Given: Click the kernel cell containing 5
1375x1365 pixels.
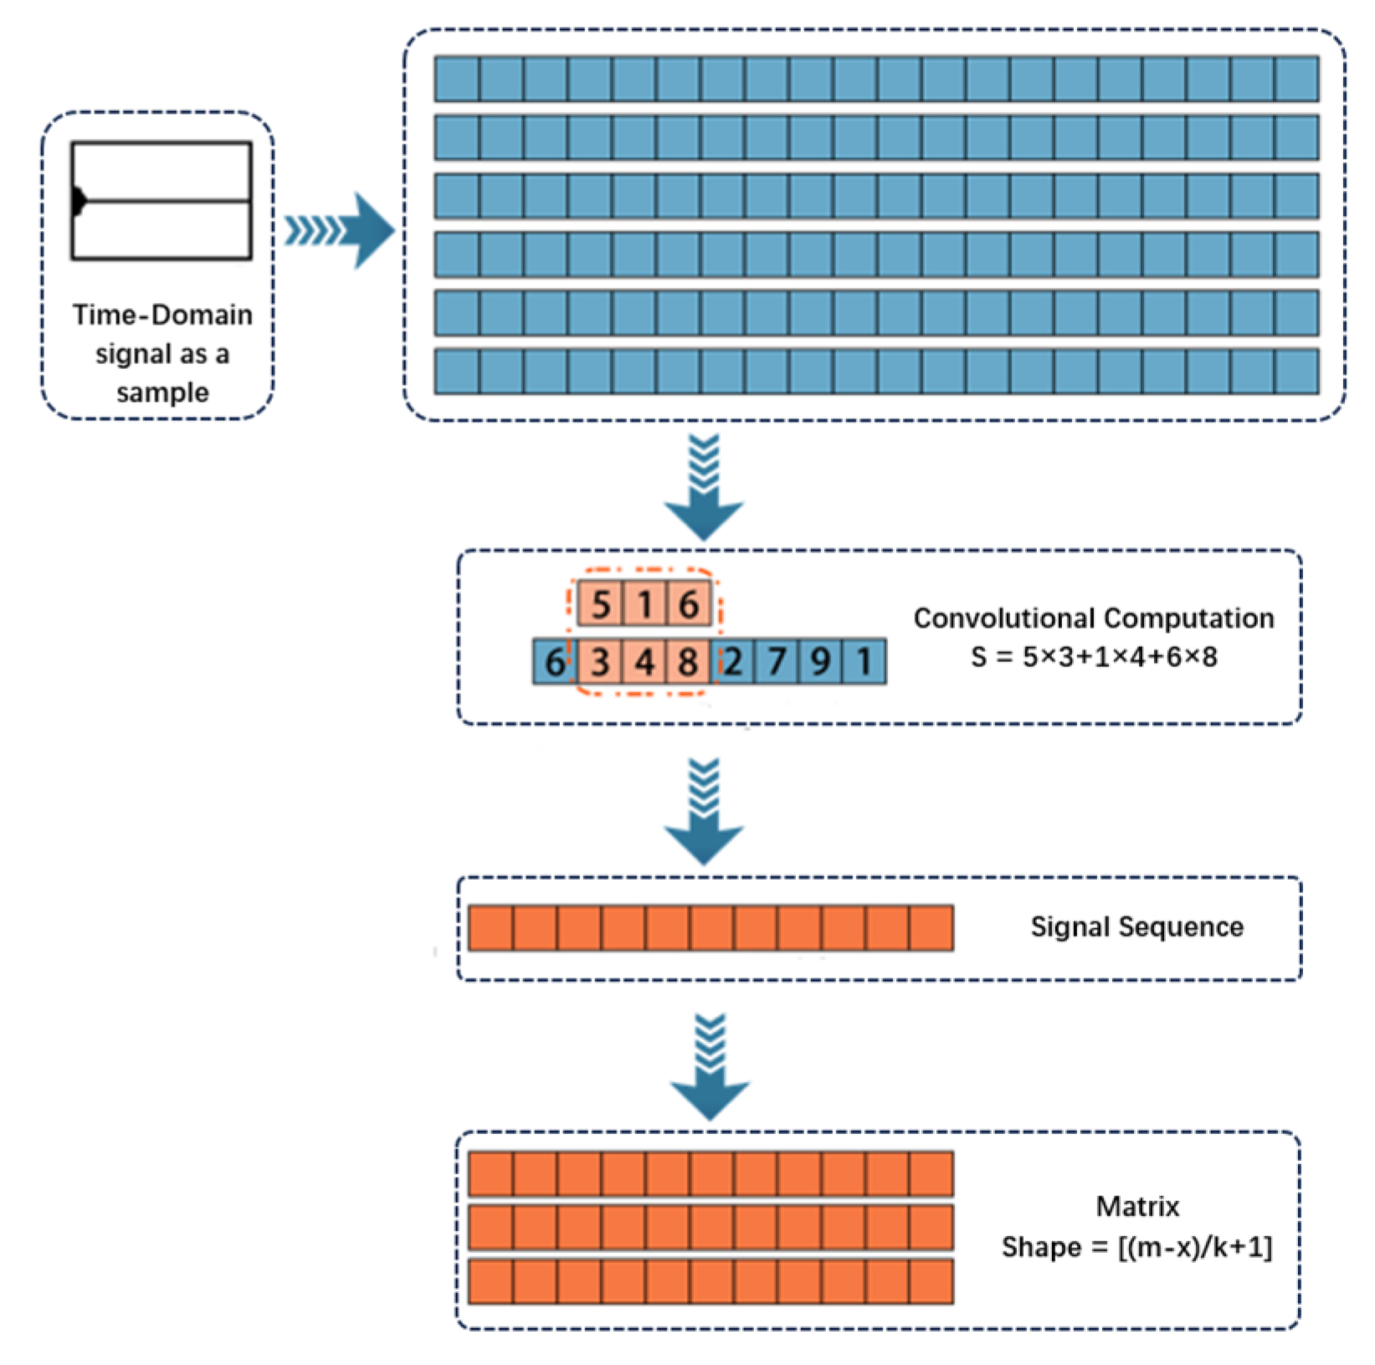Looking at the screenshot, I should click(x=601, y=603).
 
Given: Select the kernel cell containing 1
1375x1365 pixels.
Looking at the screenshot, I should click(x=645, y=603).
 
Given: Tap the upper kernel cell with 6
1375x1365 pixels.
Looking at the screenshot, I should click(x=689, y=603).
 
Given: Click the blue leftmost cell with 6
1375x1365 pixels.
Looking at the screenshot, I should click(x=554, y=662).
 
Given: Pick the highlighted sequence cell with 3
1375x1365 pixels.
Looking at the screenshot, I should click(x=600, y=662).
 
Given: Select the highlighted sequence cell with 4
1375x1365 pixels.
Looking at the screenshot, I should click(x=644, y=662).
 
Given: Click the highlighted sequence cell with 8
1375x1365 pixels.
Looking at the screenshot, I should click(x=688, y=662).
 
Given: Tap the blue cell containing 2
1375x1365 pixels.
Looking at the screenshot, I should click(x=733, y=662).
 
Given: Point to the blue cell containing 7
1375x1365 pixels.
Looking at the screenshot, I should click(x=777, y=662).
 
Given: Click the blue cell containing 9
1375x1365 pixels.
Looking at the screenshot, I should click(x=821, y=662).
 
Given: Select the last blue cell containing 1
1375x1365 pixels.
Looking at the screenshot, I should click(x=865, y=662).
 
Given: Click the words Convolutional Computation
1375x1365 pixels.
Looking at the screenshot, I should click(x=1093, y=618).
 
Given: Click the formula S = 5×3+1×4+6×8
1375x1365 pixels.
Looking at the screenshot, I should click(x=1093, y=657).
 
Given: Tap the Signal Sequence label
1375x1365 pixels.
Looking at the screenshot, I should click(x=1136, y=926).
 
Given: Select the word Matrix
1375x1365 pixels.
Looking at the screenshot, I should click(x=1136, y=1206).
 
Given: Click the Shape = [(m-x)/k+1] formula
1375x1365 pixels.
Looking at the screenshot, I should click(x=1136, y=1247).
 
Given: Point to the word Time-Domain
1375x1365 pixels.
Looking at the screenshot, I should click(x=162, y=315).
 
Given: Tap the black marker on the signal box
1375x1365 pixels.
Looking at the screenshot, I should click(x=79, y=201).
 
